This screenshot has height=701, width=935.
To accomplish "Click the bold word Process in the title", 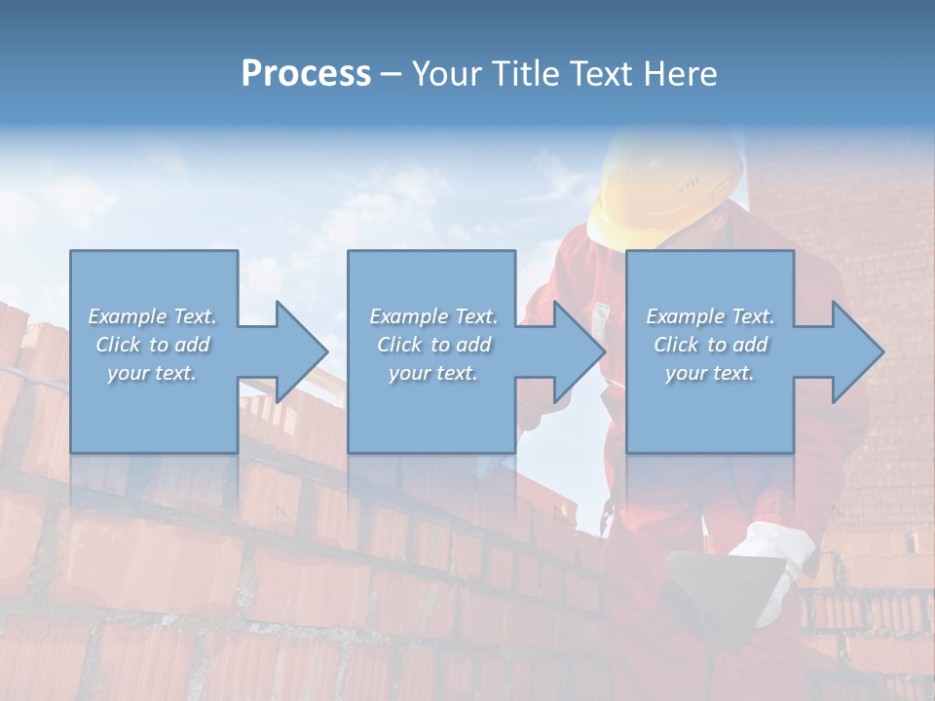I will tap(306, 74).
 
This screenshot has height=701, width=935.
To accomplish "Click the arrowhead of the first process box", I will tap(302, 351).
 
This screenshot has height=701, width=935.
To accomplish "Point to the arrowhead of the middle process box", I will tap(580, 351).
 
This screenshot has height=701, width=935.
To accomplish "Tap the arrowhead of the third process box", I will tap(857, 351).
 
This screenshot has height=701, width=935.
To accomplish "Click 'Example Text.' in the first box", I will tap(153, 316).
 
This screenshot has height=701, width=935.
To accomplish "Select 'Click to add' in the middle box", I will tap(433, 345).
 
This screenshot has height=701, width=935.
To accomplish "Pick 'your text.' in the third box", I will tap(710, 373).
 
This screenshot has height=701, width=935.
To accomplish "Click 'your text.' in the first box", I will tap(153, 373).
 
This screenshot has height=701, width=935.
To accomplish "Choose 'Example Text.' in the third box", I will tap(710, 316).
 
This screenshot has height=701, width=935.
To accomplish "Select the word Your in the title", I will tap(447, 74).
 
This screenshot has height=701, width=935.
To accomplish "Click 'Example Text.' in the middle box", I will tap(433, 316).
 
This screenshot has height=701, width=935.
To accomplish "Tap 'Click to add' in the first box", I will tap(153, 345).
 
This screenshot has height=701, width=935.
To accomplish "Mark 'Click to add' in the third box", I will tap(710, 345).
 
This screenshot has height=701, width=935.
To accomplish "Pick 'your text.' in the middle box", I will tap(433, 373).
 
